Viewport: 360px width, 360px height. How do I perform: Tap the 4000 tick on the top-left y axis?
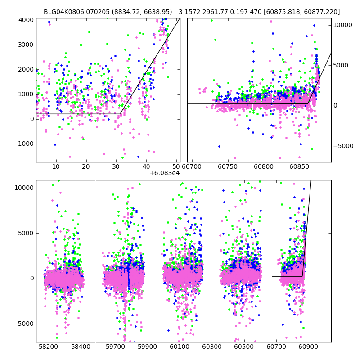(x=26, y=20)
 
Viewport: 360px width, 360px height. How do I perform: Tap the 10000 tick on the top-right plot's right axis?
(x=343, y=25)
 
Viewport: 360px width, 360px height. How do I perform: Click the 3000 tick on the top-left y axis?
(x=26, y=45)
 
